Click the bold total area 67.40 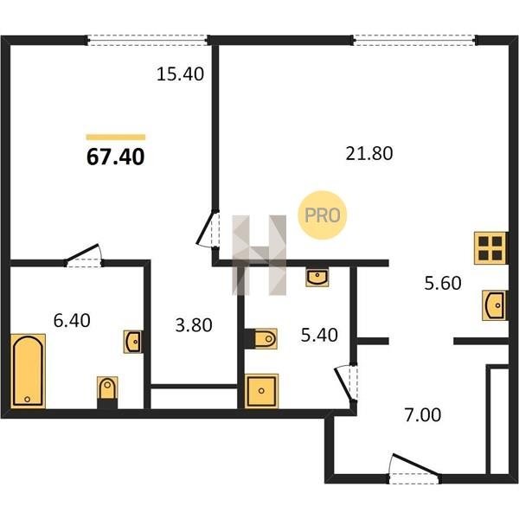pyautogui.click(x=116, y=157)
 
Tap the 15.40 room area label pyautogui.click(x=180, y=74)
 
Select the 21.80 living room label pyautogui.click(x=369, y=153)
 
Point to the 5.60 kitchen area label pyautogui.click(x=443, y=283)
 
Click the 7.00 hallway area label pyautogui.click(x=423, y=414)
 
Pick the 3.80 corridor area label pyautogui.click(x=194, y=325)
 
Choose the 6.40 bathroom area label pyautogui.click(x=72, y=320)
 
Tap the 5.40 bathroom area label pyautogui.click(x=319, y=335)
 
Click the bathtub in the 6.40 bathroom pyautogui.click(x=28, y=371)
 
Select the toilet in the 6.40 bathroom pyautogui.click(x=107, y=391)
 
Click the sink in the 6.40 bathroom pyautogui.click(x=134, y=342)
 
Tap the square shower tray pyautogui.click(x=261, y=391)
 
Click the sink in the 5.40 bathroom pyautogui.click(x=317, y=277)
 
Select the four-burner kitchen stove pyautogui.click(x=490, y=248)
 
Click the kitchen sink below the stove pyautogui.click(x=494, y=305)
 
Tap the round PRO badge pyautogui.click(x=323, y=215)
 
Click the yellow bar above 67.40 pyautogui.click(x=116, y=137)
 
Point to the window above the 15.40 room pyautogui.click(x=148, y=41)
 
